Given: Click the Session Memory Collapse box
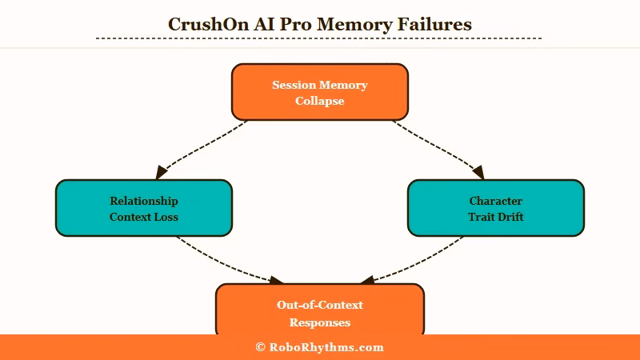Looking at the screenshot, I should coord(320,92).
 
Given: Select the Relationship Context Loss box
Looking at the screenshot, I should coord(144,208).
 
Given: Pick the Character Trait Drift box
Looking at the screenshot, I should coord(496,208).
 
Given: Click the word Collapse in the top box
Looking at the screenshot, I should coord(320,102).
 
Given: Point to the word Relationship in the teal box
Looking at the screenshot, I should coord(144,201).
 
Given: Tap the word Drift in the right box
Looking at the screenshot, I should coord(509,217).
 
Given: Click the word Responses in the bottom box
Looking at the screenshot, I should coord(320,323).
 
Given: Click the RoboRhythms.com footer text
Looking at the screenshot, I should coord(326,347).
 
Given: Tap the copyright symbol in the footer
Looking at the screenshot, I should coord(260,347).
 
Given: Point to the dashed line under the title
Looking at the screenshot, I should coord(320,38).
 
